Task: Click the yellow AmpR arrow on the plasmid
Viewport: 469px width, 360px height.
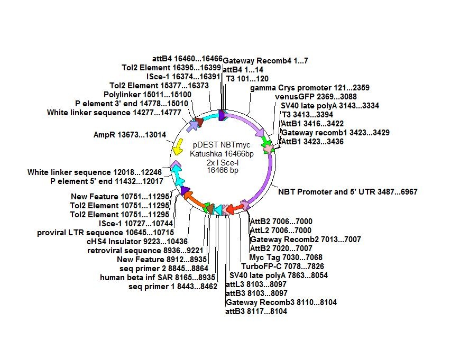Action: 178,146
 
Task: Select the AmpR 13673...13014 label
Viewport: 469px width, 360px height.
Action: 130,135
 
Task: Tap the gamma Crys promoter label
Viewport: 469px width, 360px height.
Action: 310,88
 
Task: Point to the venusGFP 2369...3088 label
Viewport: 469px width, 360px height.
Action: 316,97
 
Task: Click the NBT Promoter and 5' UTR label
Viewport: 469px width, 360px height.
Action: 348,192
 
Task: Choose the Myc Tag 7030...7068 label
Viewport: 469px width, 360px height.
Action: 286,257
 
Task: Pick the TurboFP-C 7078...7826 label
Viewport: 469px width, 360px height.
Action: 283,266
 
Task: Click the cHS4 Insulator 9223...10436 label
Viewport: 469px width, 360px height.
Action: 137,242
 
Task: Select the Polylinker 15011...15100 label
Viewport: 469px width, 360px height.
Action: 148,95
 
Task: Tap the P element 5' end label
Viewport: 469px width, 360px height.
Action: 107,181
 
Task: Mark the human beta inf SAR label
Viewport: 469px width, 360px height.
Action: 158,278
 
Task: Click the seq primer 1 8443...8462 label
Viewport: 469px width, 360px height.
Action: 173,287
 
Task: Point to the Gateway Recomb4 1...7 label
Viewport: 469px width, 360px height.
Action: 265,61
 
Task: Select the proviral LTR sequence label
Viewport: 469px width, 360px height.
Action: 105,233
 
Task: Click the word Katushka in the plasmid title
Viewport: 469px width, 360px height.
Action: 206,154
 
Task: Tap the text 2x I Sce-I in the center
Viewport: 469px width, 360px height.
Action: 223,163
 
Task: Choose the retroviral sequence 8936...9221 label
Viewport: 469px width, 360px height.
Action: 145,251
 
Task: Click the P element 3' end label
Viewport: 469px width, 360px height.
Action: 132,104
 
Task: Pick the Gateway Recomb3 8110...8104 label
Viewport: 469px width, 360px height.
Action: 281,302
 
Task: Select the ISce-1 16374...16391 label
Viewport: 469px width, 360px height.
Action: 183,77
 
